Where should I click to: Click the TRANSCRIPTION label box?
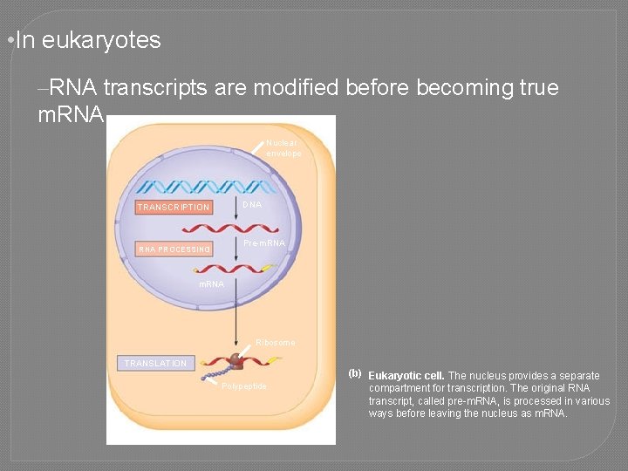174,207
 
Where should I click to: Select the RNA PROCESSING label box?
174,249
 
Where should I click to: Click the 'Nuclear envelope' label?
283,148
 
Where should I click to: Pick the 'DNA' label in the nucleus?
252,204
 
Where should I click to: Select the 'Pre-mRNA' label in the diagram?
264,242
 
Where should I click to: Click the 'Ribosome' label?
275,343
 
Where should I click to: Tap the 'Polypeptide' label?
245,386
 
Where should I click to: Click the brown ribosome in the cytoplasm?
237,361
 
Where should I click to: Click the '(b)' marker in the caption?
355,373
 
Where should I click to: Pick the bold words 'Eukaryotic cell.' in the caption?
406,376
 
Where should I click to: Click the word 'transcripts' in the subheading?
154,88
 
